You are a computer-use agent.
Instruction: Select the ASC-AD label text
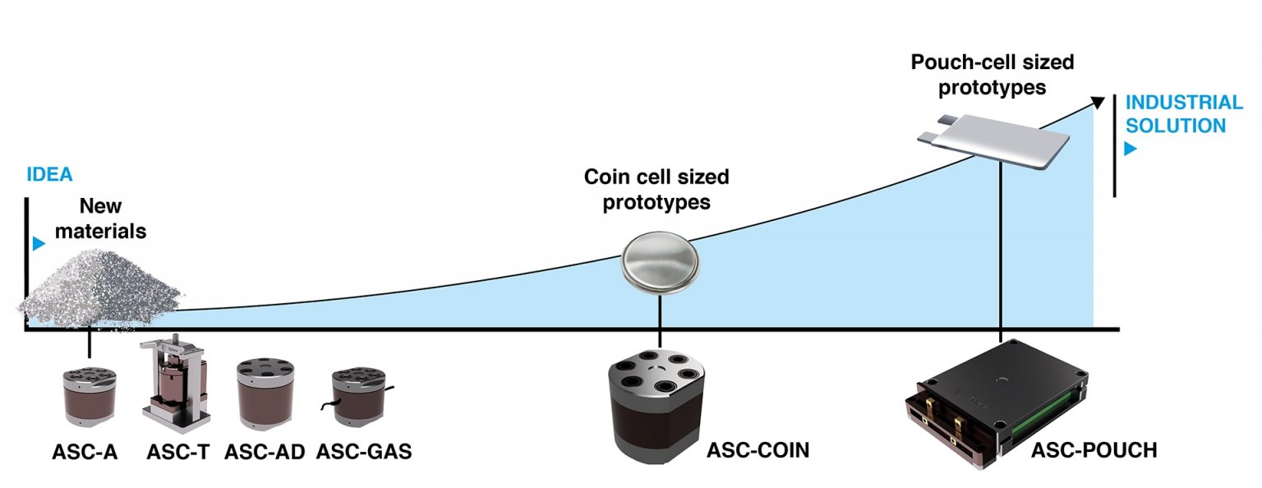click(x=265, y=452)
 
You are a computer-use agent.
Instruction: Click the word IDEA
click(x=49, y=174)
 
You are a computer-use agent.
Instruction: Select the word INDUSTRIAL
click(x=1184, y=104)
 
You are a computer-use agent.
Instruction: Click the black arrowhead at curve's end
click(x=1098, y=101)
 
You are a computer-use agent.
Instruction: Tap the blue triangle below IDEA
click(x=37, y=243)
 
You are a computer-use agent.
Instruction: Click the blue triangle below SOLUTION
click(x=1131, y=150)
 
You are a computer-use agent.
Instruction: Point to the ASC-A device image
click(x=90, y=394)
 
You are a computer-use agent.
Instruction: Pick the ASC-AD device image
click(x=264, y=394)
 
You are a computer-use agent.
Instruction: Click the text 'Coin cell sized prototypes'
click(x=656, y=190)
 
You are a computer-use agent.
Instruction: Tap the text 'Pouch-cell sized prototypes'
click(x=992, y=74)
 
